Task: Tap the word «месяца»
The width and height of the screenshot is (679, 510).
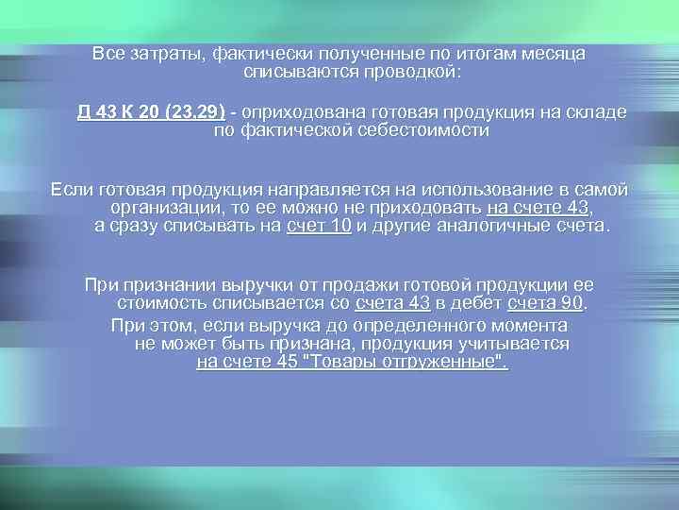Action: click(x=552, y=54)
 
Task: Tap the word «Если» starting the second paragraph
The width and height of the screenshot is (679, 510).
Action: click(x=70, y=190)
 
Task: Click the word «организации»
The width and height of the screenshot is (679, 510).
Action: click(x=164, y=208)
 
